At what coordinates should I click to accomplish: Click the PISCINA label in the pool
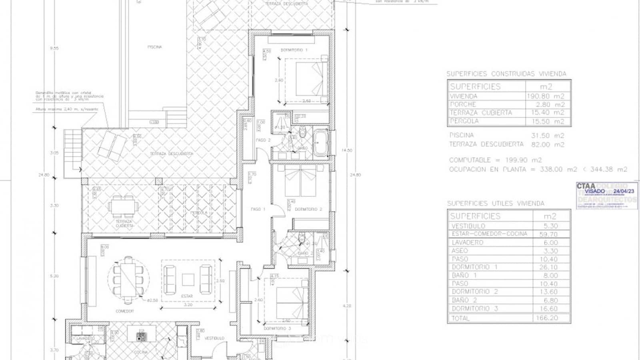pos(154,47)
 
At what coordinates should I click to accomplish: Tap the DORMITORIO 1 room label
pos(294,50)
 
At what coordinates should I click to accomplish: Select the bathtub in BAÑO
pos(320,142)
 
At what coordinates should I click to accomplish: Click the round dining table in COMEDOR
pos(129,280)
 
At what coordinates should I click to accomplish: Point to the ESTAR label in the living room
pos(187,296)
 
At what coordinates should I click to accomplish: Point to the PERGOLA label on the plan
pos(199,213)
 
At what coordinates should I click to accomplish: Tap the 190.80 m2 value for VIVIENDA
pos(546,96)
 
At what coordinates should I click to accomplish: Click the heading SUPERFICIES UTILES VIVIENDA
pos(496,204)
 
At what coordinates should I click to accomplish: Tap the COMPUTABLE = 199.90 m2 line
pos(495,160)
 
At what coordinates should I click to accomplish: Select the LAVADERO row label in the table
pos(467,242)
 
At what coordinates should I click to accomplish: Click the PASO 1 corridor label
pos(258,209)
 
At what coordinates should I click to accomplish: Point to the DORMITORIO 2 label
pos(308,210)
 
